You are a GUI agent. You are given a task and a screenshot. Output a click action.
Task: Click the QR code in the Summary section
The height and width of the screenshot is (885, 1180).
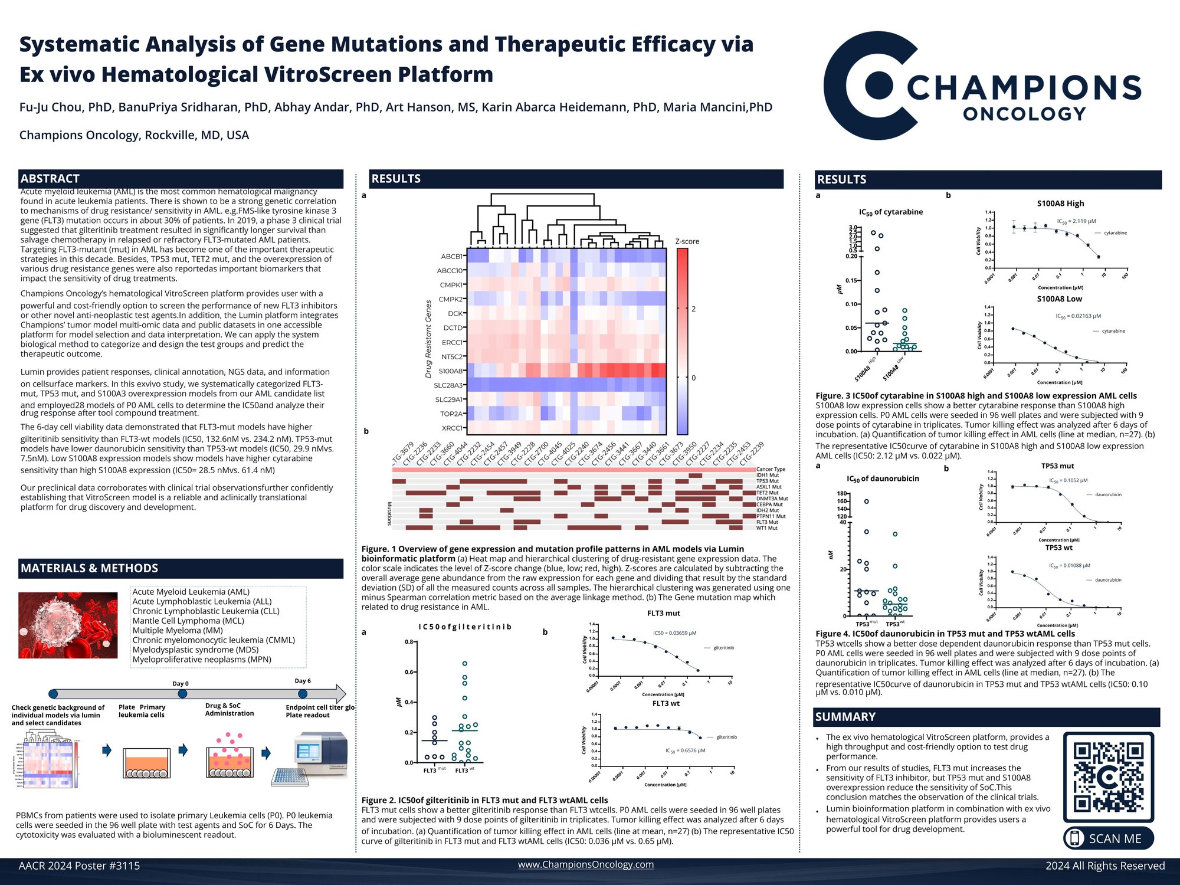1108,777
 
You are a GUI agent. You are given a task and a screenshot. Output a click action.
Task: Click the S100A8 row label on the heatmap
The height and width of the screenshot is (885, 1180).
451,371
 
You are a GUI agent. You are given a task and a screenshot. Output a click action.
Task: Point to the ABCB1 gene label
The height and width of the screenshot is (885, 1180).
452,257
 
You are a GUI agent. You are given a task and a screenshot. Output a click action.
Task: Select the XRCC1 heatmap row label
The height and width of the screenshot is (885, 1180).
452,428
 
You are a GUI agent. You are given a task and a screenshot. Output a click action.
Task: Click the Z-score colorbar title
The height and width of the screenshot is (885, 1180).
687,241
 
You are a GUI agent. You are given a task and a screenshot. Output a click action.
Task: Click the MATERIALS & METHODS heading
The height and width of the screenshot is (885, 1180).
89,568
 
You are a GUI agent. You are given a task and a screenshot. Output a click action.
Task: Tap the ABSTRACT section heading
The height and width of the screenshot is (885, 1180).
50,179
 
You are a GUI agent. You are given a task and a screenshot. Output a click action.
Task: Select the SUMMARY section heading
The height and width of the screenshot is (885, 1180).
845,717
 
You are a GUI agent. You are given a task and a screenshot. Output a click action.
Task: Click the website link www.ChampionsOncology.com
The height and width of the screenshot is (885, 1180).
585,864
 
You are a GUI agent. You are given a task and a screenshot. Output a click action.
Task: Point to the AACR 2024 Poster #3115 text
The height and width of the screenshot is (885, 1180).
79,866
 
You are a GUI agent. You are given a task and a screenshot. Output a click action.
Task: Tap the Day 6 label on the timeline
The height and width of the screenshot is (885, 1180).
303,681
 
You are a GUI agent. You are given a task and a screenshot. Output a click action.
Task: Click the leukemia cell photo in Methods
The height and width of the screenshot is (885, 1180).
68,625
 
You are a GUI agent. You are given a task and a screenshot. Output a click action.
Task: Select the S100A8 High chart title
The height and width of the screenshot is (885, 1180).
1060,204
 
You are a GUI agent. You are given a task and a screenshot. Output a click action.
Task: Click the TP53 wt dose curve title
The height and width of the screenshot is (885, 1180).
1059,548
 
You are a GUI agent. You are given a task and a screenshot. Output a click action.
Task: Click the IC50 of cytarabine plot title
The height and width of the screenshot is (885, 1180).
891,212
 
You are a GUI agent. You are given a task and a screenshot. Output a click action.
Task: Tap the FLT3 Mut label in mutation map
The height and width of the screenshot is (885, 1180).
767,522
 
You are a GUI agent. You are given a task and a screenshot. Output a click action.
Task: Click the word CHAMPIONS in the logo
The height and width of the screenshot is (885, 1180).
1024,88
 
